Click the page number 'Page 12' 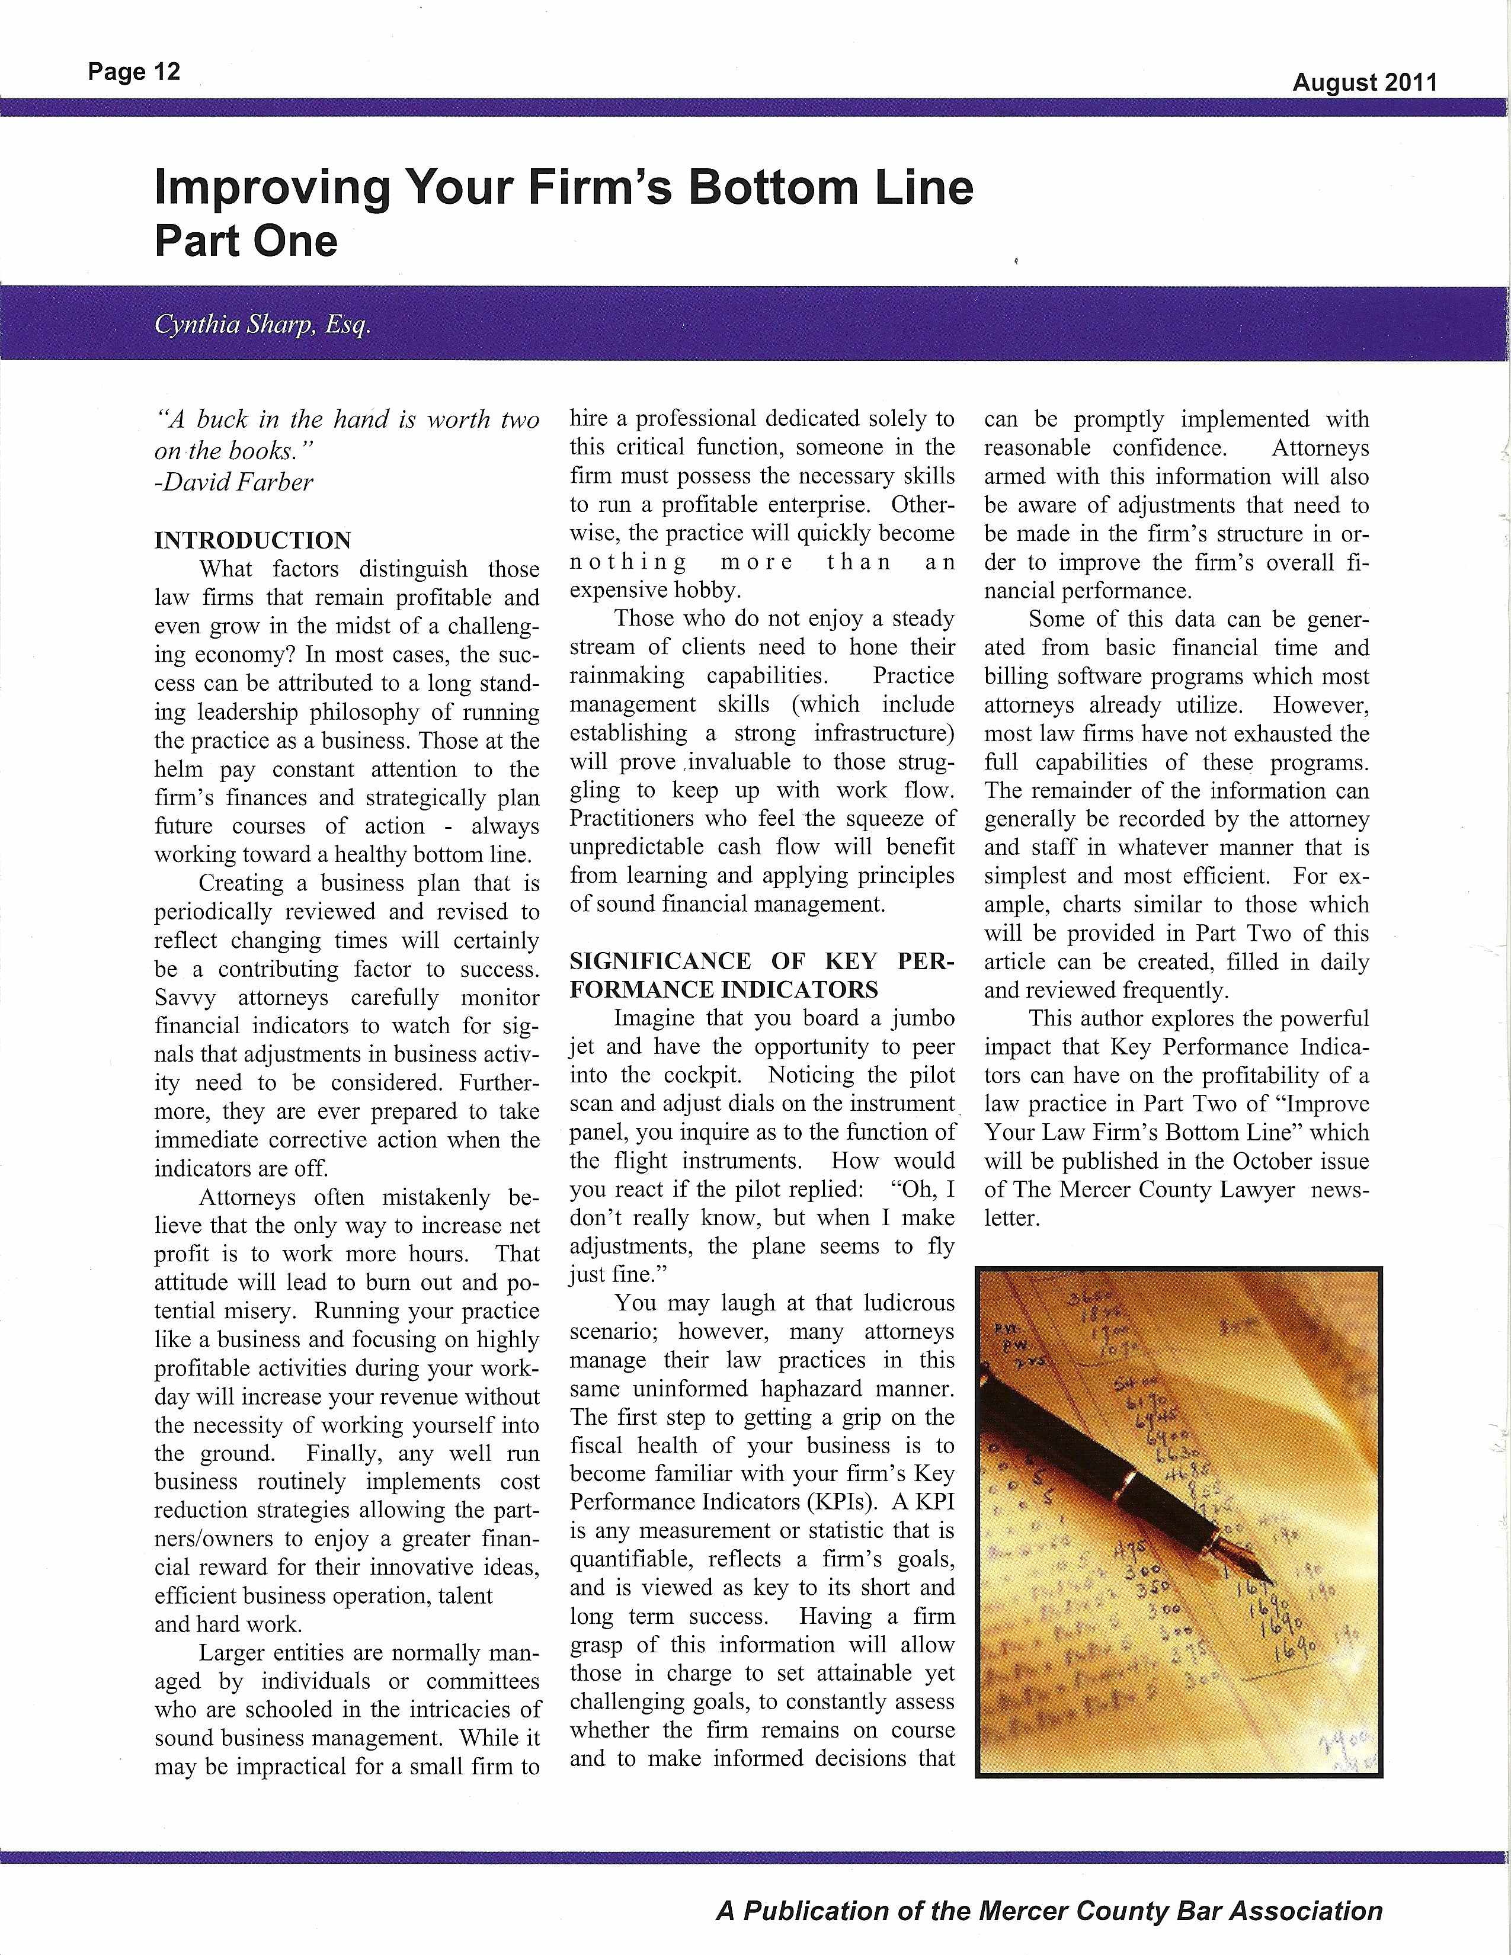135,72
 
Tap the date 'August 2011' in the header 1364,84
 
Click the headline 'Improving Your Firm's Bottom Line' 564,187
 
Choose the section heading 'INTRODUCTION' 252,541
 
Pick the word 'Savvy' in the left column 184,998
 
